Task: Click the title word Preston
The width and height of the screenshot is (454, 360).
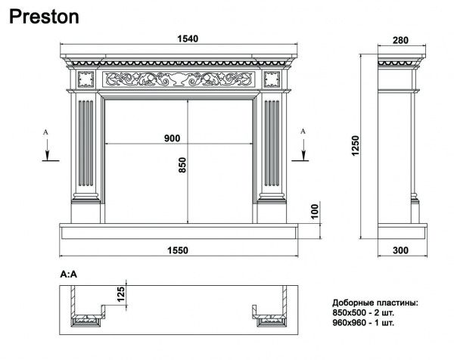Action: click(x=44, y=17)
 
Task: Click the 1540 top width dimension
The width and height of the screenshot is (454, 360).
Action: click(x=188, y=39)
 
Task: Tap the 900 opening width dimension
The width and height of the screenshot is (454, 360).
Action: click(x=172, y=138)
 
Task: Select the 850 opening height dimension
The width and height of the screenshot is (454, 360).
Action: click(x=182, y=165)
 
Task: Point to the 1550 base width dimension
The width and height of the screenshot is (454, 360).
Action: click(x=178, y=250)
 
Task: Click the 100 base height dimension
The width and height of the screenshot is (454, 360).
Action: click(x=315, y=211)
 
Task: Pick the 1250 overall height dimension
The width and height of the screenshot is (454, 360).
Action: click(x=356, y=145)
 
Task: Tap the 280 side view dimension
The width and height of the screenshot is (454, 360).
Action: click(x=400, y=40)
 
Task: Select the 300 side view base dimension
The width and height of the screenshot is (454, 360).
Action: click(x=400, y=250)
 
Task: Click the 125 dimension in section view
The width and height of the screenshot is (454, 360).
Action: click(x=121, y=293)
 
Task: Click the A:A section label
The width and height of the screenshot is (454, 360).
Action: click(x=69, y=274)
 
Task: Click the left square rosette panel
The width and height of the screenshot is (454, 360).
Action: click(x=86, y=79)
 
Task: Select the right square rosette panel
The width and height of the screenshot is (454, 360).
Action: click(x=272, y=79)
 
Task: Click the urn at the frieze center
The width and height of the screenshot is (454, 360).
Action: click(x=179, y=79)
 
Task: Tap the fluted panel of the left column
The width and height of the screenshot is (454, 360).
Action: click(x=86, y=143)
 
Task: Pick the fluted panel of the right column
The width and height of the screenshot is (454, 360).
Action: click(x=272, y=143)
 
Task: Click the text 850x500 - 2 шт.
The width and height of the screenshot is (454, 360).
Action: click(x=363, y=313)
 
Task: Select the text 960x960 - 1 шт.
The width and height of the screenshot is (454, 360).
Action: click(x=363, y=322)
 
